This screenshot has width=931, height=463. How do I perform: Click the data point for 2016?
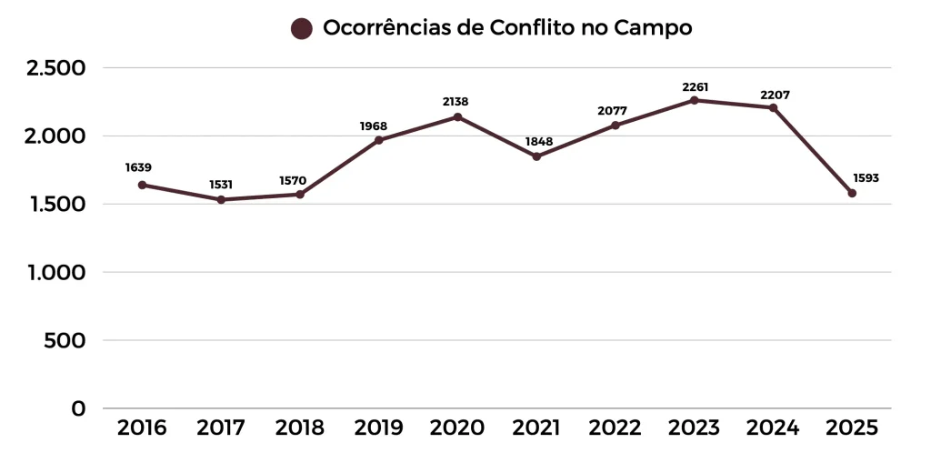[142, 185]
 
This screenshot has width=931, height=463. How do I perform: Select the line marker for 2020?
[457, 117]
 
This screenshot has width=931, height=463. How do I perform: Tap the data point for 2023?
[694, 100]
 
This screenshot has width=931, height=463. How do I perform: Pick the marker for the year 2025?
[852, 193]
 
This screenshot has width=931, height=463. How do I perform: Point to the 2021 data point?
[536, 156]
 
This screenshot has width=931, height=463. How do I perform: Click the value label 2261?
[695, 87]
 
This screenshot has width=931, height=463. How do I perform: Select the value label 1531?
[221, 185]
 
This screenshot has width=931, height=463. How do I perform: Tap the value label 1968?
[373, 126]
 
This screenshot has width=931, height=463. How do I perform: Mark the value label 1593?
[866, 178]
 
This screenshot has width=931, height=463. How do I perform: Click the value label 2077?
[612, 111]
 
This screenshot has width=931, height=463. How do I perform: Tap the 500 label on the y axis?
[65, 340]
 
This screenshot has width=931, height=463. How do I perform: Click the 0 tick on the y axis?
[79, 408]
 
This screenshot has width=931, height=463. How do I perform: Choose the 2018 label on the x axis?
[300, 428]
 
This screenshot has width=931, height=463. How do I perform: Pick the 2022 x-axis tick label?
[616, 428]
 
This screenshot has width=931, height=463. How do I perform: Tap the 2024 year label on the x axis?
[773, 428]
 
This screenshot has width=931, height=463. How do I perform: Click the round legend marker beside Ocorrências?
[302, 29]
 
